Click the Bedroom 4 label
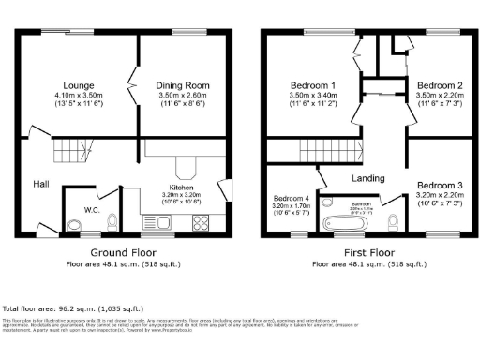[x=292, y=199]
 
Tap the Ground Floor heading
[x=122, y=253]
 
